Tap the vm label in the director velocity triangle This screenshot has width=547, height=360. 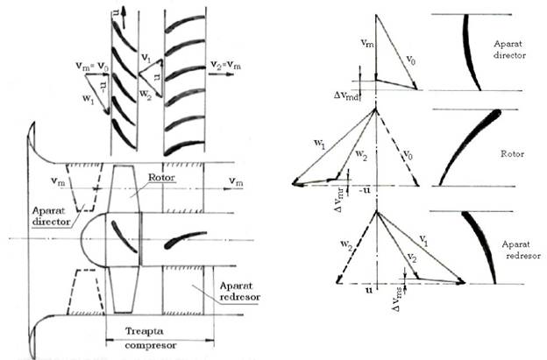click(x=366, y=41)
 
